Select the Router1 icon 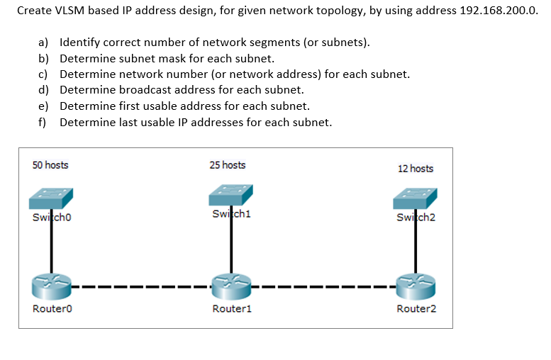pos(231,287)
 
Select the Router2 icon pos(416,287)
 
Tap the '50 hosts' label pos(50,165)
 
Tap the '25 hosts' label pos(228,165)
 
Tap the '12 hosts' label pos(416,168)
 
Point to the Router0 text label pos(52,309)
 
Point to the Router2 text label pos(416,309)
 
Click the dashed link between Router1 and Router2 pos(323,288)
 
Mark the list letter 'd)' pos(43,90)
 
